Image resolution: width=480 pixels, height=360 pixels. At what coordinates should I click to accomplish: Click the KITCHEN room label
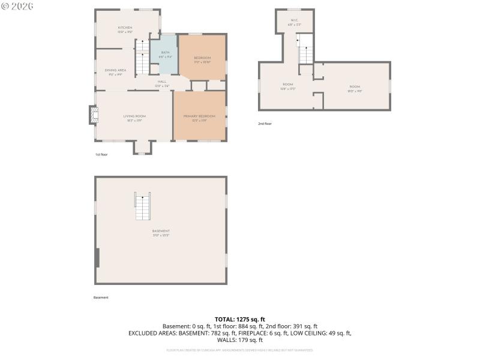125,28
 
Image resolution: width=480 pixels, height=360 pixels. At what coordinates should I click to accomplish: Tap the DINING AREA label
116,70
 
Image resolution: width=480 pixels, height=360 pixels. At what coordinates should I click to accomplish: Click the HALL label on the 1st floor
162,82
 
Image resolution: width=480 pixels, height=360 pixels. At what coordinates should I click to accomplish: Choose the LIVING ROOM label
135,116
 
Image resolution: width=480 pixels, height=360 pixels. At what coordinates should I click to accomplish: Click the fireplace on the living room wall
92,115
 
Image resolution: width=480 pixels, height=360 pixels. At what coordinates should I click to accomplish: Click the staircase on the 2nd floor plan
306,49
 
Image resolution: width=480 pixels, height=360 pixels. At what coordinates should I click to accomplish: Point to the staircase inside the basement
142,208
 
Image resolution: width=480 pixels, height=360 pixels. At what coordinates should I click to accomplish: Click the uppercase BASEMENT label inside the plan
161,231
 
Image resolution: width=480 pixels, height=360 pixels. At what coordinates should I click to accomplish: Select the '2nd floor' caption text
265,124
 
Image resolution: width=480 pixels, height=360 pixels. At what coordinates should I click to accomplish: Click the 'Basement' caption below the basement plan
101,298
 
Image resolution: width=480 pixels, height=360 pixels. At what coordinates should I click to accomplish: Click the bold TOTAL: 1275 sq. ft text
239,319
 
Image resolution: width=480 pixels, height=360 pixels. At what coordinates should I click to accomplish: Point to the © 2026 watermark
17,5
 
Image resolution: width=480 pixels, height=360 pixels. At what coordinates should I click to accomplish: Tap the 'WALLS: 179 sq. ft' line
239,340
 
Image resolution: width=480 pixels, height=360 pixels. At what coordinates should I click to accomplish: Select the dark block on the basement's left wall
97,258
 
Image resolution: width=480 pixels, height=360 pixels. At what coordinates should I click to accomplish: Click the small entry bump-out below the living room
142,148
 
